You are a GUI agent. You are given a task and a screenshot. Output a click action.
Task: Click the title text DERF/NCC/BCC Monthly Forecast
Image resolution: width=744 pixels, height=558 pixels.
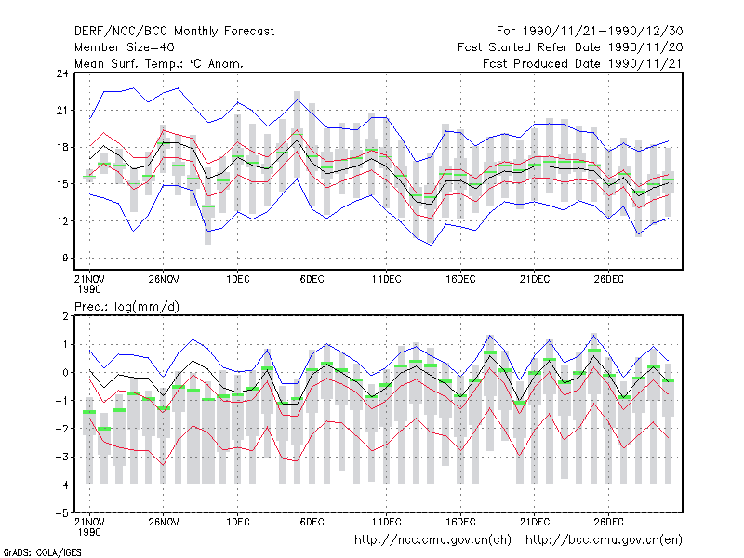click(174, 32)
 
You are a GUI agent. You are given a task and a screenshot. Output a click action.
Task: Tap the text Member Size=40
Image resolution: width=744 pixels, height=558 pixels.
click(125, 47)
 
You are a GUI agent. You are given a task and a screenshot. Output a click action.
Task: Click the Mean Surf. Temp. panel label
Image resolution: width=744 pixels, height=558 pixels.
click(159, 63)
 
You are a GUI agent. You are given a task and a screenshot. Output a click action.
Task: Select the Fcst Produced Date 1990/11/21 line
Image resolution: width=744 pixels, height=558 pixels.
click(583, 63)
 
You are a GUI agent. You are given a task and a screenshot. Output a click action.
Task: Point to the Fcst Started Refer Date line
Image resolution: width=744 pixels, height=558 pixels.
click(570, 47)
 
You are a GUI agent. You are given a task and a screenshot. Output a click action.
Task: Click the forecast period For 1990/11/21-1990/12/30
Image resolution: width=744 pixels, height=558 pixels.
click(590, 32)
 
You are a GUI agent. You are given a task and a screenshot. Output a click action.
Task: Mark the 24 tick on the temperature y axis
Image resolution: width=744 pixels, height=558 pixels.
click(62, 73)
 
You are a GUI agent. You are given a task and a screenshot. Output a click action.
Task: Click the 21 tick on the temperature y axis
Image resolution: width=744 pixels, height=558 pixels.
click(62, 111)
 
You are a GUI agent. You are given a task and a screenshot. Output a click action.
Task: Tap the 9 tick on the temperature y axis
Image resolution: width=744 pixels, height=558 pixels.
click(65, 259)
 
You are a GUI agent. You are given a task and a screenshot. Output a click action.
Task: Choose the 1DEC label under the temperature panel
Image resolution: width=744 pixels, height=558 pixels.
click(238, 280)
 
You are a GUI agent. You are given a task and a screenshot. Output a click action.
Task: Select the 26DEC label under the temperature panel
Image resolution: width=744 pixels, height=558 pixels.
click(609, 280)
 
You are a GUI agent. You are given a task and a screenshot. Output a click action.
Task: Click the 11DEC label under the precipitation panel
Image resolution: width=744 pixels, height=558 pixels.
click(386, 522)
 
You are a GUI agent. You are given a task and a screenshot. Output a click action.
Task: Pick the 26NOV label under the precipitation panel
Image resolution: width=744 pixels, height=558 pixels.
click(164, 522)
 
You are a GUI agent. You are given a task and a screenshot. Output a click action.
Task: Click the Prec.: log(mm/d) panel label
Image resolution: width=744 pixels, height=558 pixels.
click(127, 307)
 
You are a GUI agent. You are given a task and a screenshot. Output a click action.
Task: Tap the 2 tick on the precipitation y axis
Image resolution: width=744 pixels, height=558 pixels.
click(65, 316)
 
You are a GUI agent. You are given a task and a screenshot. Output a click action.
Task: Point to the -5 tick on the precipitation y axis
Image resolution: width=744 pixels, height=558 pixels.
click(62, 513)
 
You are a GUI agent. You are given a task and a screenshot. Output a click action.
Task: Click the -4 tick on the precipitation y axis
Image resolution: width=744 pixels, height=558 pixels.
click(62, 485)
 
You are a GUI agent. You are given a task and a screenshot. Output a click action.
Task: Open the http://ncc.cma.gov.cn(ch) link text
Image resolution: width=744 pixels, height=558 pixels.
click(432, 540)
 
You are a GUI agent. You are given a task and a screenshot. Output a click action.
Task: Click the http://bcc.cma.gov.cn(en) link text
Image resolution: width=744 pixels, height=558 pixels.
click(604, 540)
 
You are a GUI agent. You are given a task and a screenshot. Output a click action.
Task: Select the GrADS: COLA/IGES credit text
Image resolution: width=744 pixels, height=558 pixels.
click(42, 552)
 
